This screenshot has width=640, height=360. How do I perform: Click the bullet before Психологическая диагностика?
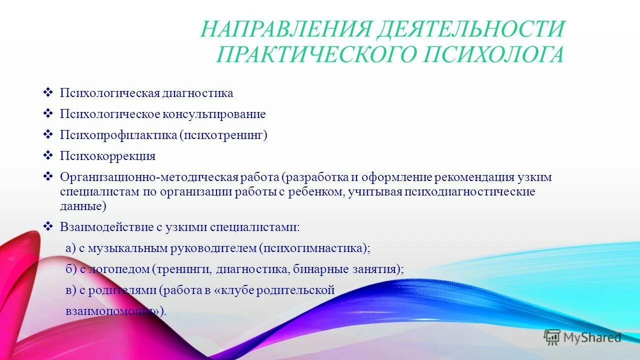48,92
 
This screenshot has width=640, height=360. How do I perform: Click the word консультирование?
213,114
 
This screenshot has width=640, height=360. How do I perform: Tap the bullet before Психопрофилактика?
48,134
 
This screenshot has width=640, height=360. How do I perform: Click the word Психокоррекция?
107,156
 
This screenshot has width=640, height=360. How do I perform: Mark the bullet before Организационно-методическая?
48,176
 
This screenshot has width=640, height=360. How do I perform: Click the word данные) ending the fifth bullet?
83,206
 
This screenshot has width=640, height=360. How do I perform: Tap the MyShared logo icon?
552,337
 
